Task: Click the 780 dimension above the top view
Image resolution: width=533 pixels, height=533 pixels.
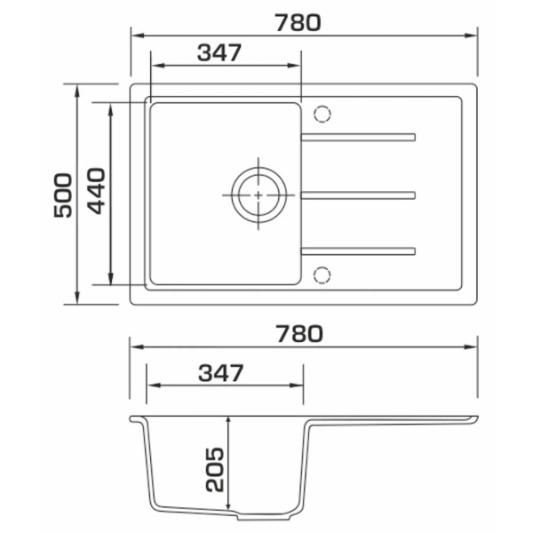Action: point(298,23)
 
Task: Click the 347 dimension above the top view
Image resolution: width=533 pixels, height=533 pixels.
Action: point(219,52)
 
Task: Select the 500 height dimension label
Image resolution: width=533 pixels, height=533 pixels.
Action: point(63,195)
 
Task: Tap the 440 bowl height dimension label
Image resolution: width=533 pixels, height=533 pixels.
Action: point(96,191)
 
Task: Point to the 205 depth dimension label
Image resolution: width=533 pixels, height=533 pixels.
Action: point(215,470)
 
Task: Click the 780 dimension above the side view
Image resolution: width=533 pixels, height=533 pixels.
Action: point(299,334)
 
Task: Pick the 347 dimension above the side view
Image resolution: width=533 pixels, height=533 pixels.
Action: point(221,372)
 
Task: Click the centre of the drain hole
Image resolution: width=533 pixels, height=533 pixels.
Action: point(259,195)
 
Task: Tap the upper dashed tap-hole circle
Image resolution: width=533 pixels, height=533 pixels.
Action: point(322,114)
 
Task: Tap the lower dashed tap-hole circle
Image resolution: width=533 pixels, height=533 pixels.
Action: point(322,275)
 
